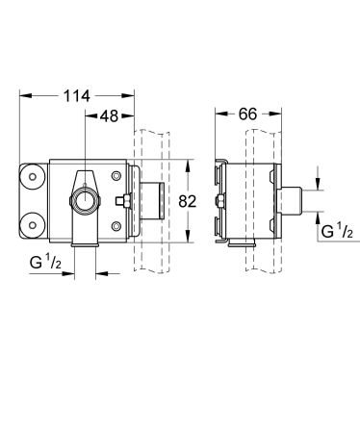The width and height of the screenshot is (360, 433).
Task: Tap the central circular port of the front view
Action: point(84,202)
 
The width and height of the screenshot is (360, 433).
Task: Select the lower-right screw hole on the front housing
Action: point(116,227)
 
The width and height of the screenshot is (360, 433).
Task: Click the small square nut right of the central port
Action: point(122,202)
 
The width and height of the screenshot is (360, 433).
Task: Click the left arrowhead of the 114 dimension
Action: point(23,95)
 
